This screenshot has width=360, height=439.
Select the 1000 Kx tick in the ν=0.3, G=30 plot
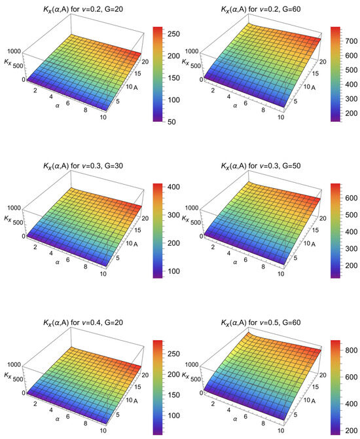[12, 207]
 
